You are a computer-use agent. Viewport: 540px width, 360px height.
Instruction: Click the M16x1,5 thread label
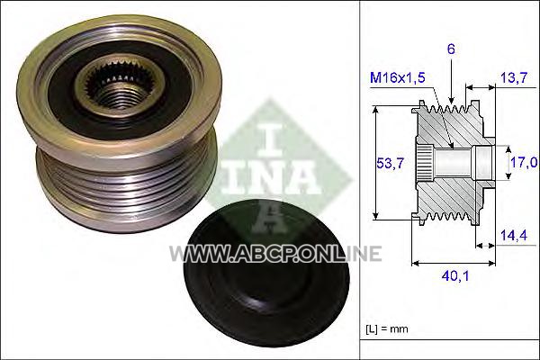click(x=398, y=78)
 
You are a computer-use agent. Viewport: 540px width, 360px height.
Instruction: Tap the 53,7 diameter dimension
click(x=390, y=163)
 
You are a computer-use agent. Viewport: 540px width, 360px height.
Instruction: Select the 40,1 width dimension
click(x=455, y=276)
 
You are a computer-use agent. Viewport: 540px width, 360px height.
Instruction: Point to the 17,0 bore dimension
click(x=525, y=162)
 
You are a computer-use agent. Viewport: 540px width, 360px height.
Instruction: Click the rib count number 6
click(x=451, y=49)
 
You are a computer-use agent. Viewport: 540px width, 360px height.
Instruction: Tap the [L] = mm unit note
click(x=387, y=329)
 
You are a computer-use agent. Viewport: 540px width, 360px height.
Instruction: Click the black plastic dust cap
click(x=267, y=273)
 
